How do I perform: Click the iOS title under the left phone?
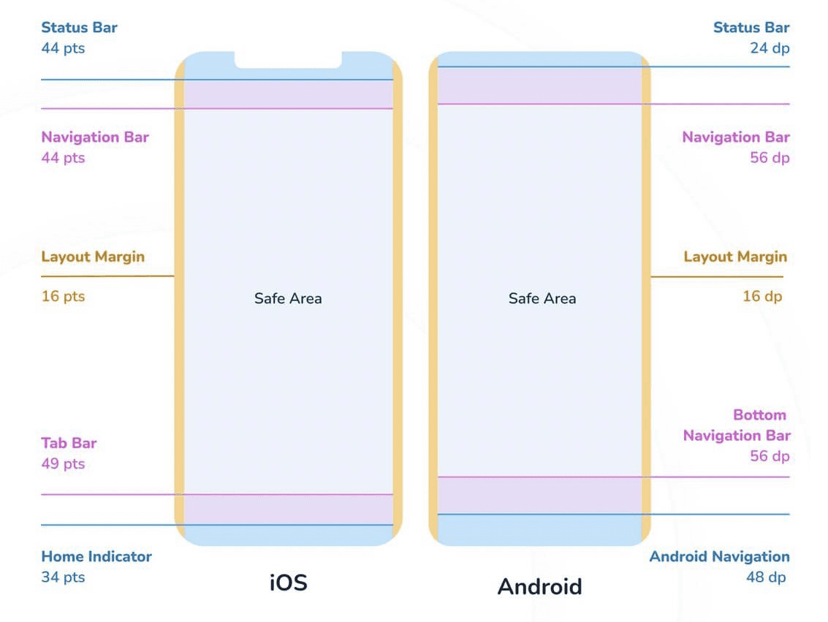pyautogui.click(x=289, y=583)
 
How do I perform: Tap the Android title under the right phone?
pyautogui.click(x=539, y=586)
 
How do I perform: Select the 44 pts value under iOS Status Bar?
pyautogui.click(x=63, y=48)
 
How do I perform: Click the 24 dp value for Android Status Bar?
pyautogui.click(x=770, y=48)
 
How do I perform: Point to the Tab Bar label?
pyautogui.click(x=69, y=443)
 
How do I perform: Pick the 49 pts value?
pyautogui.click(x=63, y=463)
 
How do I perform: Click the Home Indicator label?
pyautogui.click(x=96, y=556)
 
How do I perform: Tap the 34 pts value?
pyautogui.click(x=63, y=577)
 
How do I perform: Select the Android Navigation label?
pyautogui.click(x=719, y=556)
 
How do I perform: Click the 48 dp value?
pyautogui.click(x=766, y=577)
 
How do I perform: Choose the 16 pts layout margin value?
pyautogui.click(x=63, y=296)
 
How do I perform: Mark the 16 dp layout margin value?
pyautogui.click(x=762, y=296)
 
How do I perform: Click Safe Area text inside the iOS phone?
pyautogui.click(x=288, y=298)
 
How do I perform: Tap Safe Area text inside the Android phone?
pyautogui.click(x=542, y=298)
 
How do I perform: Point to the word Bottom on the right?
pyautogui.click(x=759, y=414)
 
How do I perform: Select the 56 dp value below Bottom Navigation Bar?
pyautogui.click(x=770, y=456)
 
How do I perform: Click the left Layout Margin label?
pyautogui.click(x=93, y=257)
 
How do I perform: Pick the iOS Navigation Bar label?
pyautogui.click(x=95, y=137)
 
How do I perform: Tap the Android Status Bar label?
pyautogui.click(x=751, y=28)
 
